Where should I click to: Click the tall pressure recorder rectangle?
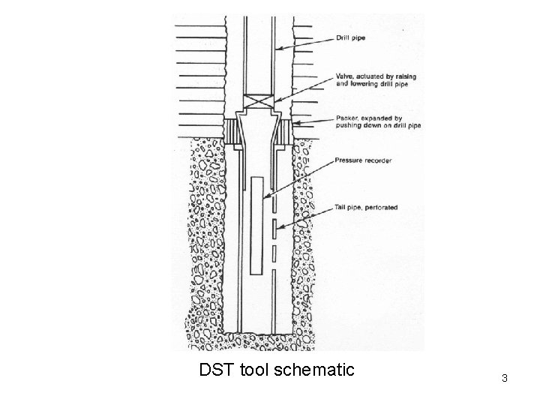pos(256,225)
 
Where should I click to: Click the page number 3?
pos(505,378)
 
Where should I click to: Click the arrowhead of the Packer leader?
pos(295,121)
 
